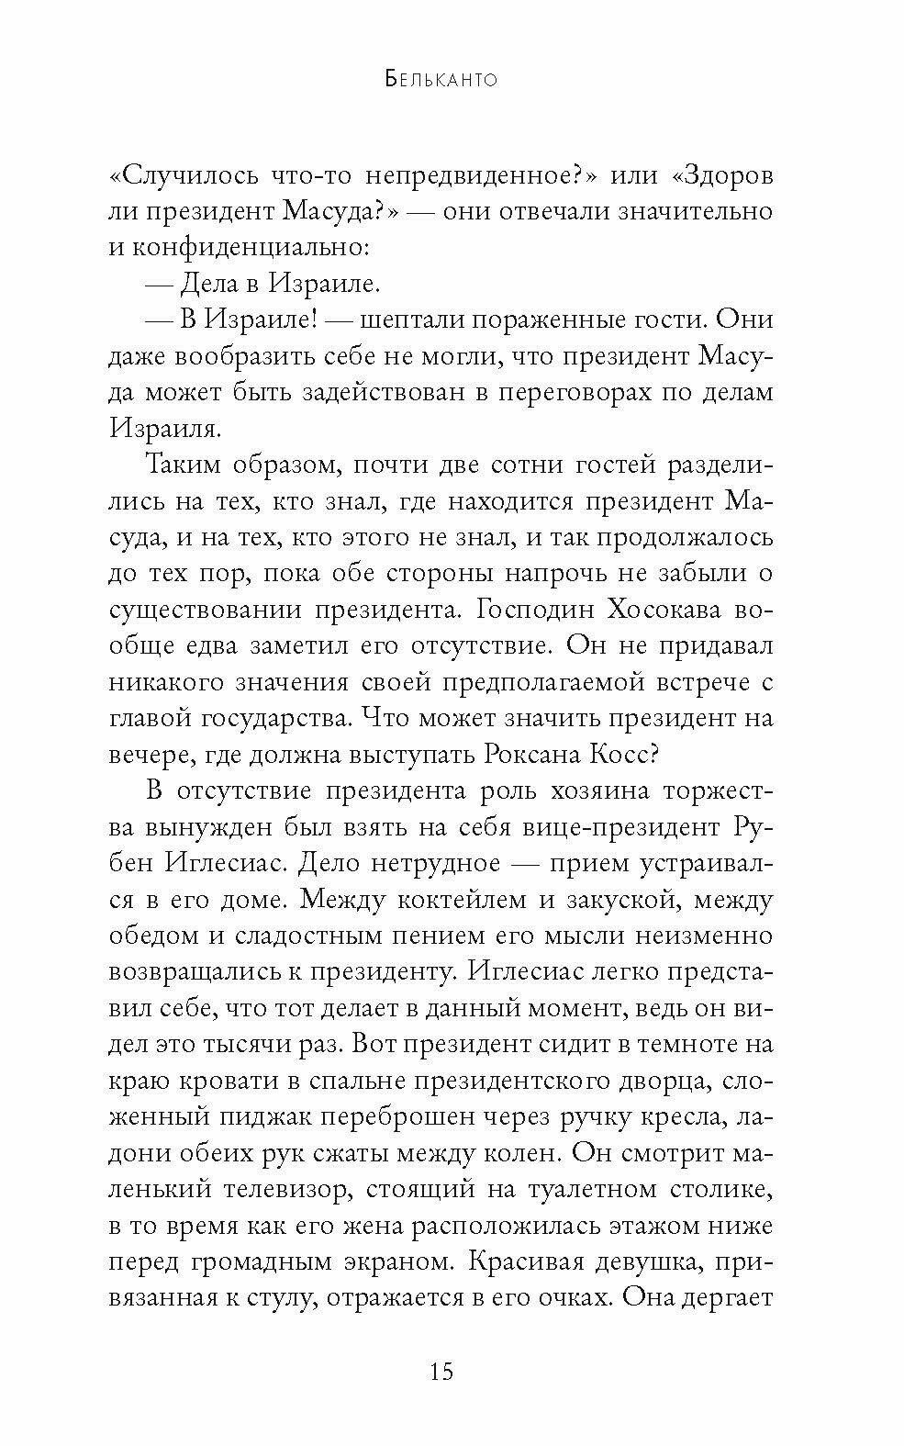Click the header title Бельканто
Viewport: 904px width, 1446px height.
coord(440,80)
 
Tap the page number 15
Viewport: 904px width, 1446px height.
coord(441,1372)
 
